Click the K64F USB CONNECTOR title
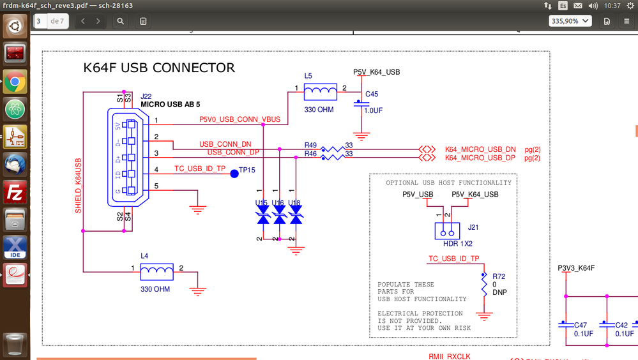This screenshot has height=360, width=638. coord(159,68)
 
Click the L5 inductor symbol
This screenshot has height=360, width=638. coord(321,93)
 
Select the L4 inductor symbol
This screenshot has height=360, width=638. coord(156,273)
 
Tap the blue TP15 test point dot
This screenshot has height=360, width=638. coord(234,173)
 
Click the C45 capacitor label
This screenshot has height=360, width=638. coord(372,94)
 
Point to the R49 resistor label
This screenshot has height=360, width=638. coord(310,146)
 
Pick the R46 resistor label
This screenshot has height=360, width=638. coord(310,154)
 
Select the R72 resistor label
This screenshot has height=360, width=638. coord(499,276)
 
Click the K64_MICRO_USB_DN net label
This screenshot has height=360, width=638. coord(480,149)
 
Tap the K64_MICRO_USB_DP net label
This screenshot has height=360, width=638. coord(480,158)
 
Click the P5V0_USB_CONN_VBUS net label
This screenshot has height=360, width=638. coord(239,119)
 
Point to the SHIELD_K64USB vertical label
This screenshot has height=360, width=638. coord(79,185)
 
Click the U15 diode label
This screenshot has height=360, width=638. coord(261,203)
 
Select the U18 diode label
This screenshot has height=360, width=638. coord(294,203)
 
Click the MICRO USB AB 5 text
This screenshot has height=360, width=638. coord(170,104)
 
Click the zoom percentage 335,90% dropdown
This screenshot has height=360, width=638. coord(570,21)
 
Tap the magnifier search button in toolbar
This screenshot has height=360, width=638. coord(121,21)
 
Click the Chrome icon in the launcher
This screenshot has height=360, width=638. coord(15,82)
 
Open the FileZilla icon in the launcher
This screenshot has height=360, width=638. coord(15,191)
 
